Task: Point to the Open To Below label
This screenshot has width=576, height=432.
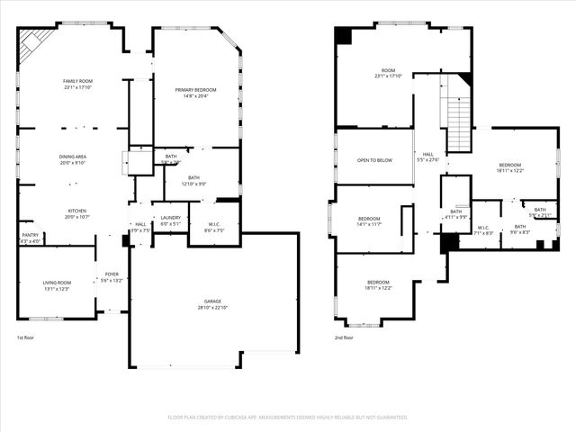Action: pyautogui.click(x=374, y=160)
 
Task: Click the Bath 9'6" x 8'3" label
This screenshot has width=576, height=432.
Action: pyautogui.click(x=521, y=229)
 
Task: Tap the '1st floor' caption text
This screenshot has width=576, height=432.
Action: pyautogui.click(x=26, y=337)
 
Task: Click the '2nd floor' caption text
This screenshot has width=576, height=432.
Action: pyautogui.click(x=343, y=337)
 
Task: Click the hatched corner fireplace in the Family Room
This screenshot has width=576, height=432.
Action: pyautogui.click(x=36, y=40)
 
